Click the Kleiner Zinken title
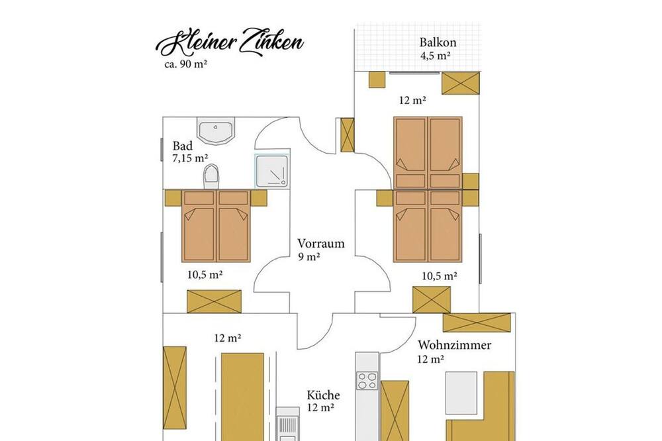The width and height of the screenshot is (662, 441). click(230, 44)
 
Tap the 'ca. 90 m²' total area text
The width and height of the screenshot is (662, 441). click(185, 65)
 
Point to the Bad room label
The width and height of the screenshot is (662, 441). click(183, 146)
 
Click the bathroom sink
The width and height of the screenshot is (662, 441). click(216, 130)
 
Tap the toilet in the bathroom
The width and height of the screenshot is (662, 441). click(212, 177)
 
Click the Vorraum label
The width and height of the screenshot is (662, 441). click(321, 244)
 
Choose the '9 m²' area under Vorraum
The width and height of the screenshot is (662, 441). click(308, 256)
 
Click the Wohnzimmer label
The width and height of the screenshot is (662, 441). click(454, 345)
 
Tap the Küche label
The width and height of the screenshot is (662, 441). click(323, 395)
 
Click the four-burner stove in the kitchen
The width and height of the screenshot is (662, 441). click(367, 381)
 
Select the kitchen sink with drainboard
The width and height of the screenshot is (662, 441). click(287, 424)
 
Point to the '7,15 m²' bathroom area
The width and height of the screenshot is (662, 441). click(190, 158)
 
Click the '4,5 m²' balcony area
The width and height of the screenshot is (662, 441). click(435, 56)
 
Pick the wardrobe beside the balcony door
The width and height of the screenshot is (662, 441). click(461, 83)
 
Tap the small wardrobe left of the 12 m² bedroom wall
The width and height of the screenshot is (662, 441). click(347, 134)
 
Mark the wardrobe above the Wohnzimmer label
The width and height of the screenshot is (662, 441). click(476, 322)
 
